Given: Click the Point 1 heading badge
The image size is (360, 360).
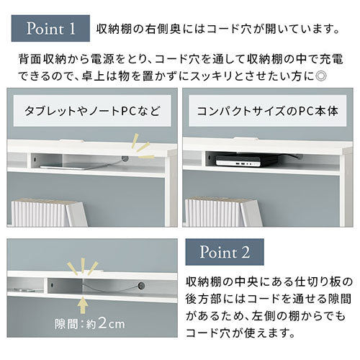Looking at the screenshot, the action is tap(50, 28).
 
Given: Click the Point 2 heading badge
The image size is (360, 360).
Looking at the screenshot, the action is tap(225, 252).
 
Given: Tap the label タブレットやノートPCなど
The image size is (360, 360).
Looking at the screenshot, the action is tap(92, 111).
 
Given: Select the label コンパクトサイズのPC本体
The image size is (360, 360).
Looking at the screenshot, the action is tap(268, 111).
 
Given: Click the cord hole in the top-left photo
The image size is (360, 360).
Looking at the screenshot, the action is tap(125, 158).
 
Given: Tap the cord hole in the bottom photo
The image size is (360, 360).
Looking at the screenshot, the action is tap(141, 286).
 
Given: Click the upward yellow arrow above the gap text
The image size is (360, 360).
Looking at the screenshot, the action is tap(83, 305).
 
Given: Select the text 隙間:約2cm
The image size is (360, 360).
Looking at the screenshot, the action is tap(90, 323).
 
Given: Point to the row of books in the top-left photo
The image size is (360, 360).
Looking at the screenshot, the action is tap(49, 213).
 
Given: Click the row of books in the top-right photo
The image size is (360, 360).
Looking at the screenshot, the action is tap(224, 212).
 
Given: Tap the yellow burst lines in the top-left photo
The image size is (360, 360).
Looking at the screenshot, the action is tap(143, 146).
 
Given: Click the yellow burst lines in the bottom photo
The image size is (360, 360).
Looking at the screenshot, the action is tap(83, 266).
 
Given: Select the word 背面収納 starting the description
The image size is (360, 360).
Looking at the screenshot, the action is tap(42, 59).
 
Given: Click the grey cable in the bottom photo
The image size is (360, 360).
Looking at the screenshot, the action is tap(110, 287).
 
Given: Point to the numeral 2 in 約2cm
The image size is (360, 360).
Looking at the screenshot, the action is tap(103, 323).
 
